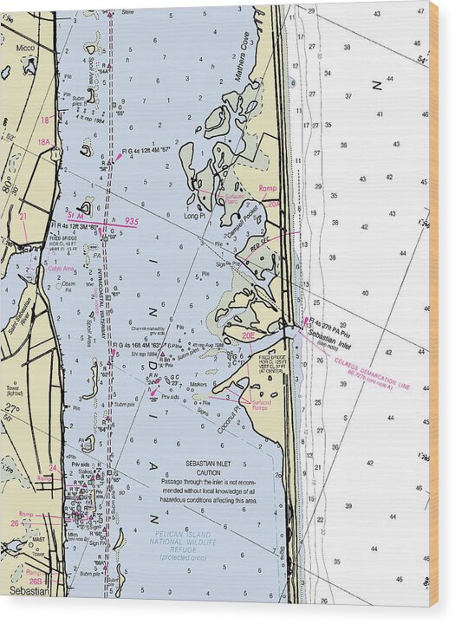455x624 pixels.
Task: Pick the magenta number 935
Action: (131, 223)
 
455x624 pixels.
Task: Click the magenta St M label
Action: (76, 216)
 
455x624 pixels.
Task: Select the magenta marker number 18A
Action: (43, 142)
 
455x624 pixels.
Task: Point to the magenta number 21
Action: (23, 217)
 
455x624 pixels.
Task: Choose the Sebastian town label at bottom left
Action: (26, 590)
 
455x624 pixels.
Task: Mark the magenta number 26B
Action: (36, 582)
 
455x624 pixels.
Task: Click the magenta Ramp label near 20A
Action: (268, 187)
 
